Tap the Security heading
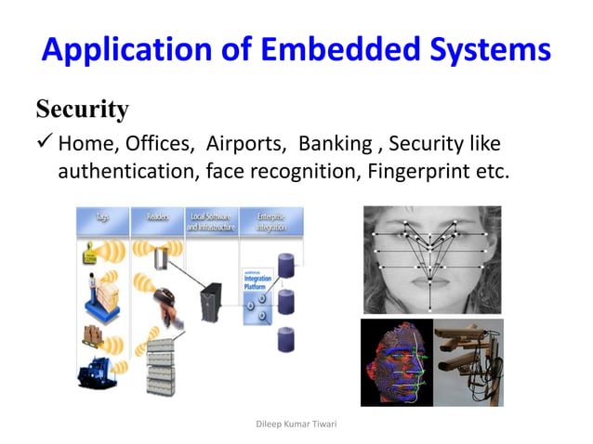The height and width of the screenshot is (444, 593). pos(82,110)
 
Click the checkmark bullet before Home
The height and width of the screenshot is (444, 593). pos(45,144)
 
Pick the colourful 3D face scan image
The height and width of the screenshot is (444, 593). pos(396,362)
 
